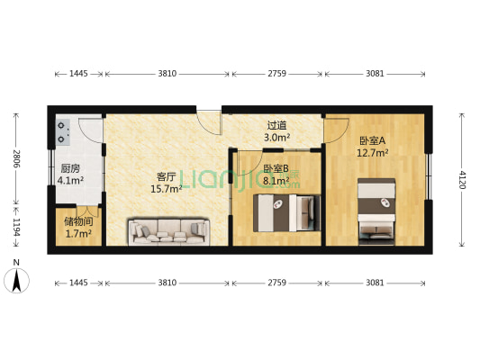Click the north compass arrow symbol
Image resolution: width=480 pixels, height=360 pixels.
point(16,280)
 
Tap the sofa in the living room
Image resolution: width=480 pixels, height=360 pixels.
point(169,231)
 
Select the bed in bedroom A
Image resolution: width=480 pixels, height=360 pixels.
point(376,211)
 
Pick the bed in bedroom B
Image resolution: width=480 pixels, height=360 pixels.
point(287,212)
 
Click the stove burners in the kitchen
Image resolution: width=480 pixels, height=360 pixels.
point(63,132)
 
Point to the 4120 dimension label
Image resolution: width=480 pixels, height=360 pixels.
point(462,180)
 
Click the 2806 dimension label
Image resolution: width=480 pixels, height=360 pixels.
point(16,158)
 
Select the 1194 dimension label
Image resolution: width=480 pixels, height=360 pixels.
point(16,228)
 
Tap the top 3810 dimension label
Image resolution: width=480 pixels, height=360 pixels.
point(168,74)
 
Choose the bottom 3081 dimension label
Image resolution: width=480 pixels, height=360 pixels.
point(375,283)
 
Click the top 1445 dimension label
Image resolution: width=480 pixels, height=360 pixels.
point(78,74)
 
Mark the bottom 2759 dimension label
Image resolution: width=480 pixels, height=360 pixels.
point(277,283)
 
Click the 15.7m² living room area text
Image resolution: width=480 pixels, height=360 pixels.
point(167,189)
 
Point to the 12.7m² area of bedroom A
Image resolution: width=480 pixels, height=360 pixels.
point(373,152)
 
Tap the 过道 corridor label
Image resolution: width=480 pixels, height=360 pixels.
point(276,125)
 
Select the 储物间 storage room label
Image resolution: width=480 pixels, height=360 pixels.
point(78,221)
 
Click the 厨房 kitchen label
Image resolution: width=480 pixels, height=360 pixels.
point(70,168)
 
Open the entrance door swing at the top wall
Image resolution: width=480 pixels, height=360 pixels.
point(209,122)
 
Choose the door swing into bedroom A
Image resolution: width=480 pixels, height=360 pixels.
point(337,130)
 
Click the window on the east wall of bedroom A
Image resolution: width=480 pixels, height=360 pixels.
point(429,176)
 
